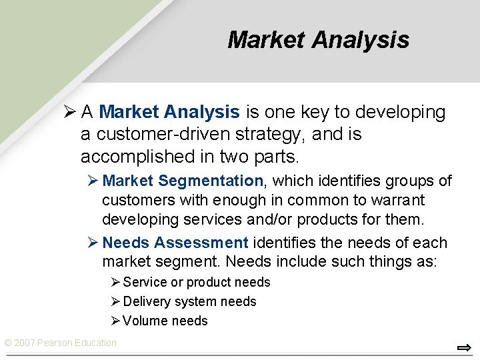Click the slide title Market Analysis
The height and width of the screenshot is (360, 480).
(318, 40)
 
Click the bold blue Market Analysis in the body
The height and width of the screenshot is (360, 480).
(169, 112)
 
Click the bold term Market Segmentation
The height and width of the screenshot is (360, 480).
(183, 181)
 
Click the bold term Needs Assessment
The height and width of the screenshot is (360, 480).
(175, 243)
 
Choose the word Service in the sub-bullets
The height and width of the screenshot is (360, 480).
(145, 282)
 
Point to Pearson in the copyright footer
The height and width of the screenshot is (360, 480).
(58, 343)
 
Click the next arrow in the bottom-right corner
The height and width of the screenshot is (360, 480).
(464, 347)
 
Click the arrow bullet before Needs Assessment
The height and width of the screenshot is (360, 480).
(93, 243)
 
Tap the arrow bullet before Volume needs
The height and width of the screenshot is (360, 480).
(115, 321)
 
